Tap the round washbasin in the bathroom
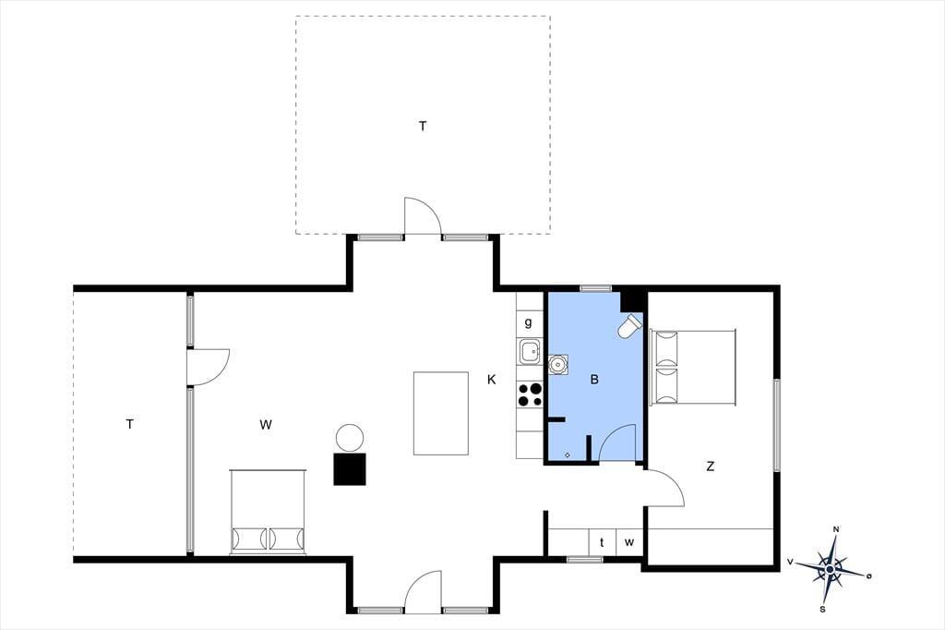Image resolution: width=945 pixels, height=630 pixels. (x=557, y=364)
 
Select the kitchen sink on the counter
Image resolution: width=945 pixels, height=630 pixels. (x=530, y=351)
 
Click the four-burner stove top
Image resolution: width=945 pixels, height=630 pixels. (x=530, y=394)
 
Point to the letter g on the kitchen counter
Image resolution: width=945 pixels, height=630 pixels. (x=529, y=322)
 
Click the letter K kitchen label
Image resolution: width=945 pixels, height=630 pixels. (x=492, y=380)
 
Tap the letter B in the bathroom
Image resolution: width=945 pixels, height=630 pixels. (x=595, y=380)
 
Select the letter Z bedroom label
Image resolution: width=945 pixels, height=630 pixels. (x=711, y=466)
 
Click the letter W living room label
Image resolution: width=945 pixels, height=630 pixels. (x=266, y=424)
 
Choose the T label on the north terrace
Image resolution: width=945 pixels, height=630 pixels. (x=423, y=127)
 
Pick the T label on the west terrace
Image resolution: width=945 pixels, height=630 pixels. (x=129, y=424)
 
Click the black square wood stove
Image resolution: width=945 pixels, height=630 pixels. (x=350, y=468)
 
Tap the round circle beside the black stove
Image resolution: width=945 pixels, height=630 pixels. (x=350, y=438)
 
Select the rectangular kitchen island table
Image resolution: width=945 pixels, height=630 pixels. (x=441, y=413)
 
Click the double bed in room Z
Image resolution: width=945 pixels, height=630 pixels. (x=693, y=367)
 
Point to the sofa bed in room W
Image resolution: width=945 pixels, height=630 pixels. (x=269, y=511)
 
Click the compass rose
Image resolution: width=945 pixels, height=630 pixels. (x=831, y=568)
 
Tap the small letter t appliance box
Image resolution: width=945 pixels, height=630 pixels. (x=602, y=542)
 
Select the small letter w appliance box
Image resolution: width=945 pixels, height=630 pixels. (x=629, y=542)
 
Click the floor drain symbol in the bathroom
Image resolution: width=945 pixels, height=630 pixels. (x=568, y=455)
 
